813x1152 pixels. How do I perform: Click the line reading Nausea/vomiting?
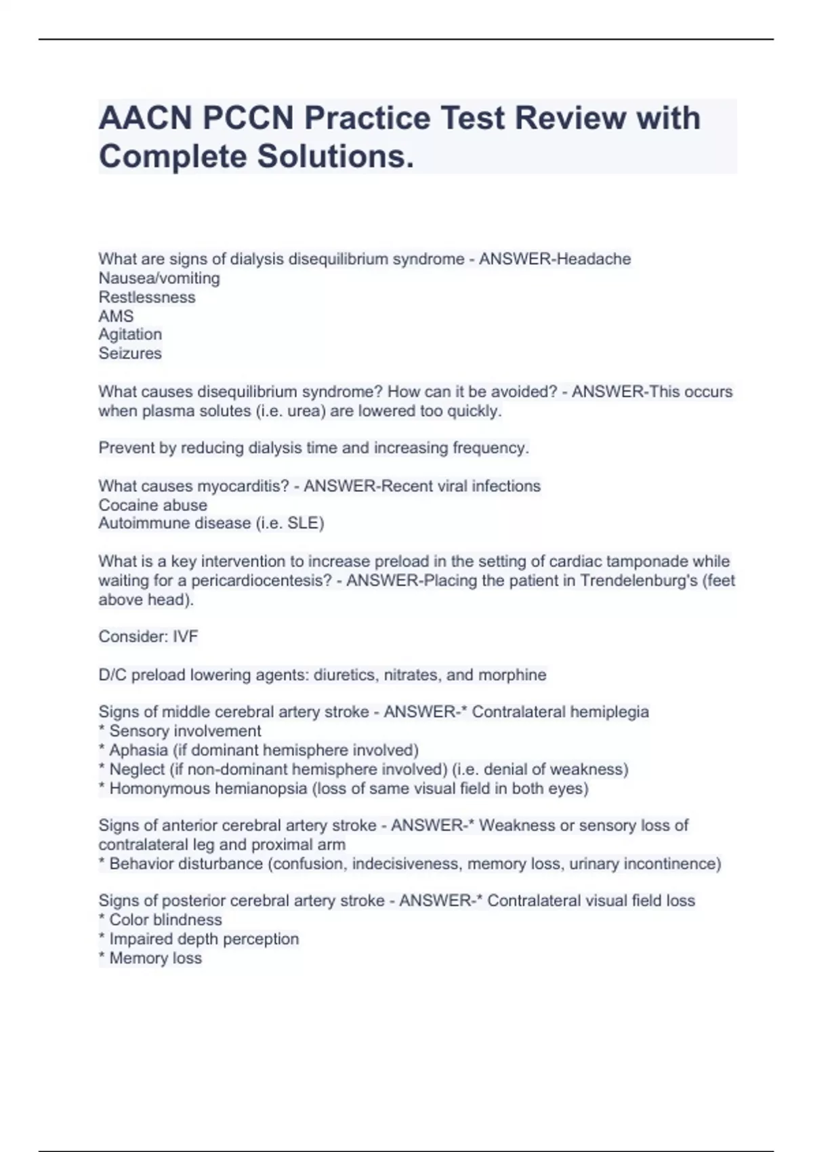(159, 278)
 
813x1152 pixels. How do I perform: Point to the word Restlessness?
(147, 297)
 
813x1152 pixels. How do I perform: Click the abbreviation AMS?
(116, 316)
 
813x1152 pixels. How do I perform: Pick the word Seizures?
(130, 353)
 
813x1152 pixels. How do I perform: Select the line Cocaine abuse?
(153, 505)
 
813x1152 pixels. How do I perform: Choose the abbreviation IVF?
(185, 636)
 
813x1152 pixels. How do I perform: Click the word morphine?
(512, 675)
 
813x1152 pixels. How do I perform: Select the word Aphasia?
(138, 750)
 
